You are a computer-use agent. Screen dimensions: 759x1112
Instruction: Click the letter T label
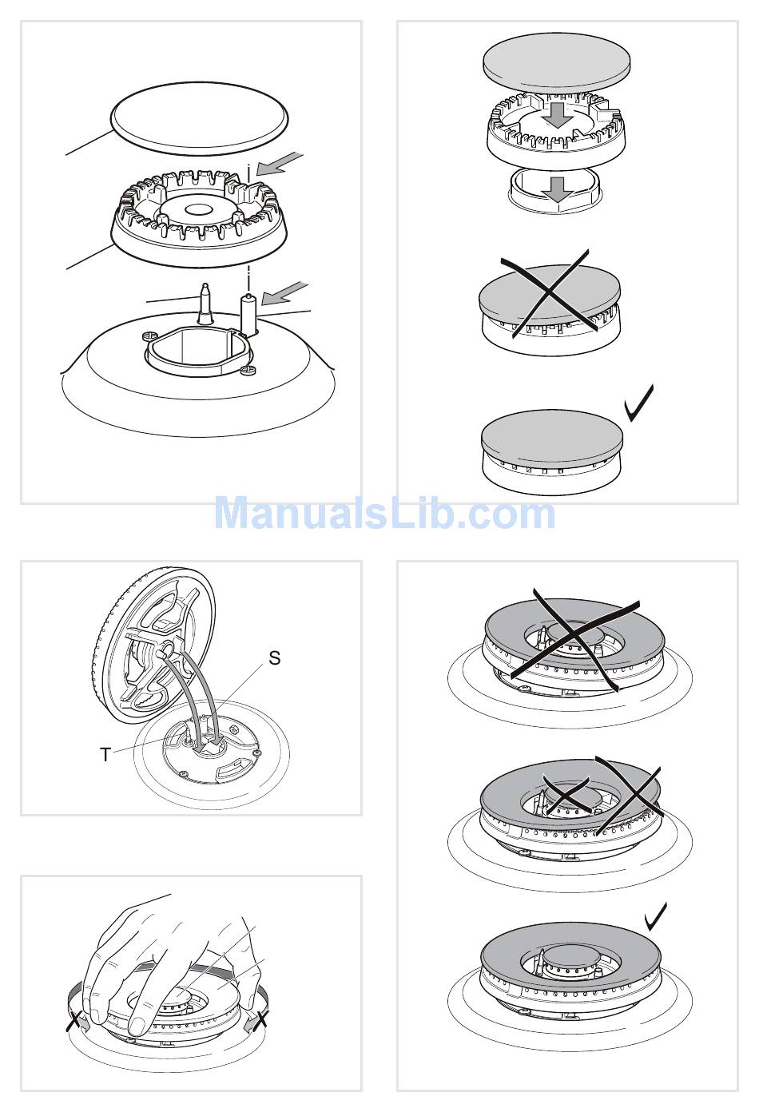pyautogui.click(x=105, y=755)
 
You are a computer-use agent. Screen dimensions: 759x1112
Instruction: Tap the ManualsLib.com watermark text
pyautogui.click(x=384, y=514)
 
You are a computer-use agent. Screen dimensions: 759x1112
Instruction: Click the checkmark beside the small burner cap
pyautogui.click(x=639, y=403)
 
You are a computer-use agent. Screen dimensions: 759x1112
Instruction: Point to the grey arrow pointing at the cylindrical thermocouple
pyautogui.click(x=284, y=292)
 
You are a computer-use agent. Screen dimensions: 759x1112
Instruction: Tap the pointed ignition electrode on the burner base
pyautogui.click(x=204, y=304)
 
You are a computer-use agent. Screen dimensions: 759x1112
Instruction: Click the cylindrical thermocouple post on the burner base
pyautogui.click(x=248, y=315)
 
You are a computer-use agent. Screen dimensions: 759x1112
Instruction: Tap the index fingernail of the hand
pyautogui.click(x=137, y=1024)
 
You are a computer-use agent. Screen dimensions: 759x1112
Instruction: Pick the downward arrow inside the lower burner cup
pyautogui.click(x=558, y=189)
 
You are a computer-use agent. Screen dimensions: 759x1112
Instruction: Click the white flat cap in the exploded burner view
pyautogui.click(x=199, y=118)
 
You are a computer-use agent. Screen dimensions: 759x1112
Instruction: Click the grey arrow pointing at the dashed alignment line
pyautogui.click(x=280, y=163)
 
